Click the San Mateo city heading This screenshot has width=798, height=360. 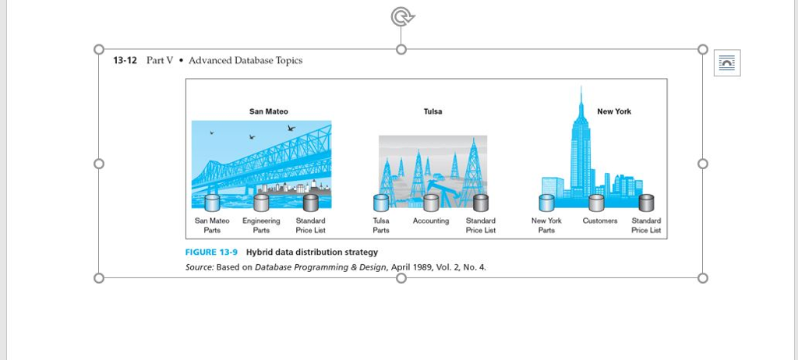[268, 111]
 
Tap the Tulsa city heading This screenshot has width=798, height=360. [433, 111]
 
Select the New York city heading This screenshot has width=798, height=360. [614, 111]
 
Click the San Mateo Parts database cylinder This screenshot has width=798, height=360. [212, 203]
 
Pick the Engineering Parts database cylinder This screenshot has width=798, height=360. [261, 203]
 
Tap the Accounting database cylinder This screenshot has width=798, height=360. [431, 203]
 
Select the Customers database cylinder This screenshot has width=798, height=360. [596, 203]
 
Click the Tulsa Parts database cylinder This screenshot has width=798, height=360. [380, 203]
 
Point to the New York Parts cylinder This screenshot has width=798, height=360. [546, 203]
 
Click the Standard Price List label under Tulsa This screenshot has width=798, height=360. [480, 225]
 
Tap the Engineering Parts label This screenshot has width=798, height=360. [261, 225]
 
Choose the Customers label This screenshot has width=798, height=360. [600, 221]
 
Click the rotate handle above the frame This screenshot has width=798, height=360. [402, 17]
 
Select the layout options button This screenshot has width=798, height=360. [727, 62]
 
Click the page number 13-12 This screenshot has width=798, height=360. [125, 61]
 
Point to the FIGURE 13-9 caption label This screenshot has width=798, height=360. [211, 252]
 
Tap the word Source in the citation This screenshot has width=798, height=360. [199, 266]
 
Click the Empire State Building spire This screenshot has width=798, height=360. [581, 99]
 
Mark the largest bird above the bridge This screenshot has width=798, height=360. [291, 128]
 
